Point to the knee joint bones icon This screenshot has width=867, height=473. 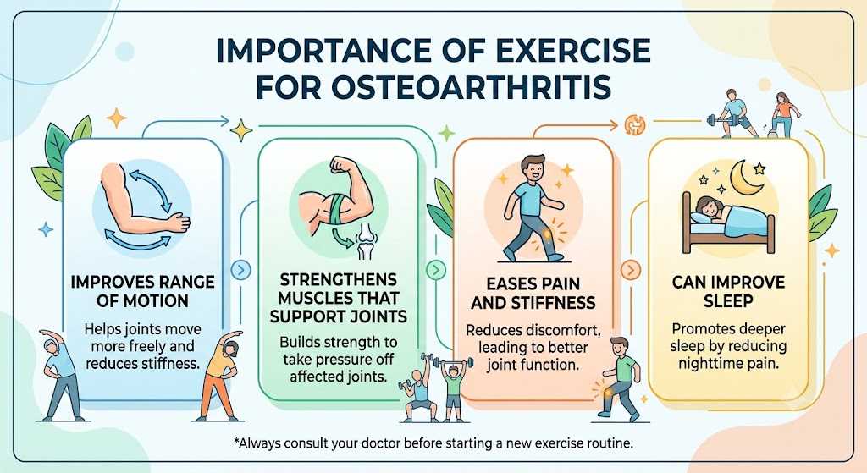pos(366,242)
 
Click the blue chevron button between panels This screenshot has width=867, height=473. pos(241,270)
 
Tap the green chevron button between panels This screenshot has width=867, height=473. pos(436,270)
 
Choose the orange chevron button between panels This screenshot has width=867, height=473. pos(630,270)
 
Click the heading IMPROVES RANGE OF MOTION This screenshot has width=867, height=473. pos(142,291)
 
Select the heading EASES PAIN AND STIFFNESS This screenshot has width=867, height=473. pos(533,294)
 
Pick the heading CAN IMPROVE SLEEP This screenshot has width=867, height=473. pos(728,291)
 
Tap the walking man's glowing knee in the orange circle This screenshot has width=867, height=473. pos(548,235)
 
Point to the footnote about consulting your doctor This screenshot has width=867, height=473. pos(433,443)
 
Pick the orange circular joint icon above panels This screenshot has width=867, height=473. pos(635,124)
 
